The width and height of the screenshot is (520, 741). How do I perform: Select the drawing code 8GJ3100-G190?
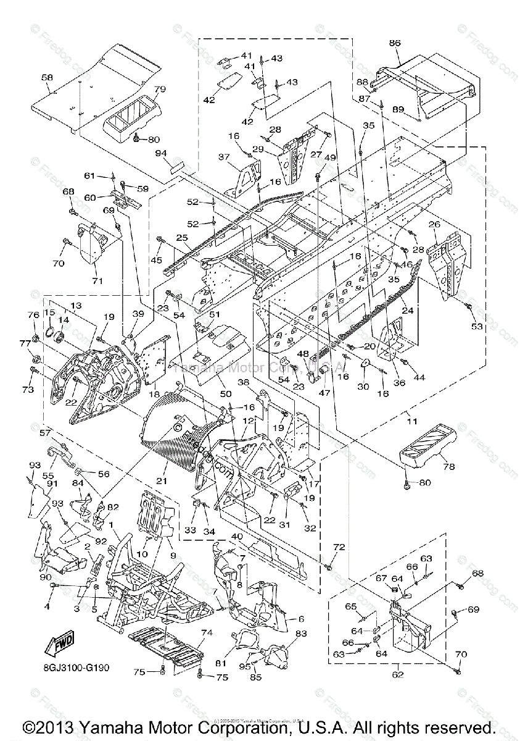pos(78,668)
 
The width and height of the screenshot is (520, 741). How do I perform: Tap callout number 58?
pos(47,78)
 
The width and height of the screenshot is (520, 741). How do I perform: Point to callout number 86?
pos(395,43)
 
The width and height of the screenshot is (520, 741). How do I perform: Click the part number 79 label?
pos(160,89)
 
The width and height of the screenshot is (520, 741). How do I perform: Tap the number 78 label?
pos(448,467)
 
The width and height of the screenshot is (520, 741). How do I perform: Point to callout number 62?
pos(398,674)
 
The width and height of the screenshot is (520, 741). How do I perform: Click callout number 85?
pos(256,677)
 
